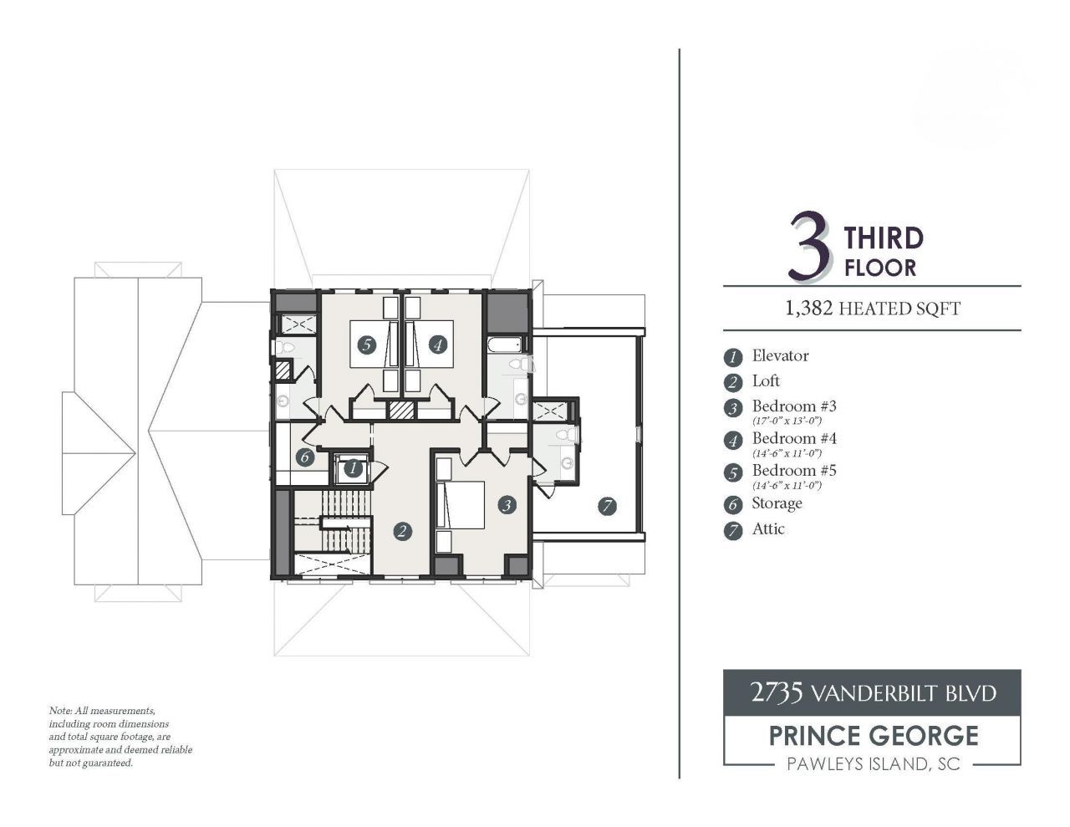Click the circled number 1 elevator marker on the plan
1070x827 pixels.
[x=353, y=469]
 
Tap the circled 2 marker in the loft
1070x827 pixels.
[x=403, y=531]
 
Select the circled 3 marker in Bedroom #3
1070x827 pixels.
[x=506, y=504]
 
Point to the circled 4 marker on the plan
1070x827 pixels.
[x=437, y=344]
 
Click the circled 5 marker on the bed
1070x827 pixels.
[x=364, y=344]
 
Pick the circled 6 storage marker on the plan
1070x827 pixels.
[x=304, y=457]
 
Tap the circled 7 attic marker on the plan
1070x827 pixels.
[x=607, y=505]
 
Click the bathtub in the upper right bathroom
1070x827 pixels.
[x=505, y=344]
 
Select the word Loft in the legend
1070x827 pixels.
[x=766, y=381]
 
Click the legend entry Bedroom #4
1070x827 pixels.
[x=794, y=438]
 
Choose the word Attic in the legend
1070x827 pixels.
[x=768, y=528]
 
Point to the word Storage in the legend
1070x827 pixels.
[x=777, y=503]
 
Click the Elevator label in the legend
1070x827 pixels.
[x=780, y=356]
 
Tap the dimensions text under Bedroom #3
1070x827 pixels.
[x=787, y=421]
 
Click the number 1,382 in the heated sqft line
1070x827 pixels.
[x=808, y=309]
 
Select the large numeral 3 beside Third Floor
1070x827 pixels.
[x=810, y=248]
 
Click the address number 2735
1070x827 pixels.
[x=777, y=692]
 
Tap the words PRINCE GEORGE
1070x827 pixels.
[x=873, y=736]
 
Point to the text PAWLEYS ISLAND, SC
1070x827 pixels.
[x=873, y=764]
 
